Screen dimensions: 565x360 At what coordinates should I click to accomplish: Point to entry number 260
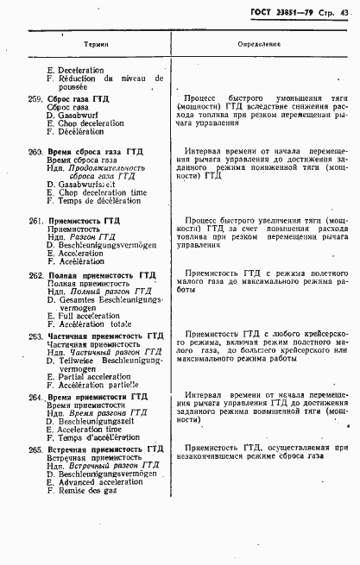pos(35,152)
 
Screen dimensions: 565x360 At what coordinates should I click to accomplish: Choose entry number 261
pos(35,221)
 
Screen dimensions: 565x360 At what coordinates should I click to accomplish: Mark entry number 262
pos(35,274)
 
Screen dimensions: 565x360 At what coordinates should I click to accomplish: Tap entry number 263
pos(35,336)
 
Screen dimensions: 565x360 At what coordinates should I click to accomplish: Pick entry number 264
pos(35,397)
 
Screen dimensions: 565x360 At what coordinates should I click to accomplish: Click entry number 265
pos(35,449)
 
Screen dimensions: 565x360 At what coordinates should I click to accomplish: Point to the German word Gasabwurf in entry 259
pos(79,115)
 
